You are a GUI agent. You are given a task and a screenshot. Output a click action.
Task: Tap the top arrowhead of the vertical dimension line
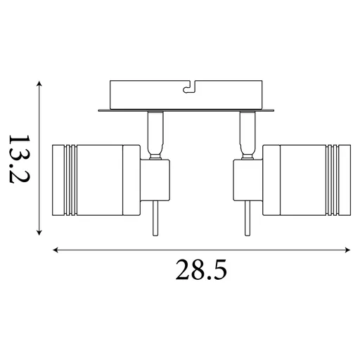point(40,84)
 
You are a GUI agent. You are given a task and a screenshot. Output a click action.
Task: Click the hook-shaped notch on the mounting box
point(188,89)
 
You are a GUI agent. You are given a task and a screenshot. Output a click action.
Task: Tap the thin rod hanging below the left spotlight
point(155,221)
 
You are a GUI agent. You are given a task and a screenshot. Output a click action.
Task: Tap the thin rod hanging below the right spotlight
point(246,221)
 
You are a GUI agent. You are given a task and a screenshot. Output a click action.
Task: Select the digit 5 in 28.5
point(219,269)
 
